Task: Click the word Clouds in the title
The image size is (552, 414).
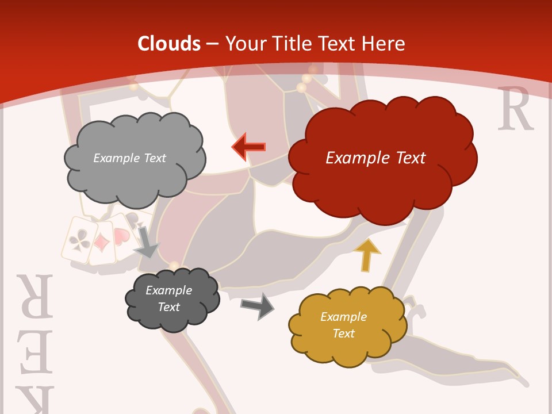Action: click(169, 44)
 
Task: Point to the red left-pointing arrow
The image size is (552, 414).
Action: click(248, 147)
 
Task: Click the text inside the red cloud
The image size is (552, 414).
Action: click(375, 158)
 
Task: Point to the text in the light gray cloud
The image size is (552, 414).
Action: click(129, 158)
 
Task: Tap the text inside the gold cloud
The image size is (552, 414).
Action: click(343, 325)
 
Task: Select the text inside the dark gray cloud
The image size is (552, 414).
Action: click(168, 298)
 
